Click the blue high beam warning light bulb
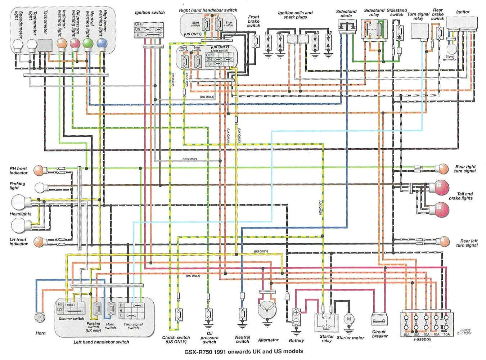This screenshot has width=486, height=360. pyautogui.click(x=102, y=44)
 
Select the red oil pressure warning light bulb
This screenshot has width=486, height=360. pyautogui.click(x=75, y=44)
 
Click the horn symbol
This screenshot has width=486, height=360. pyautogui.click(x=40, y=317)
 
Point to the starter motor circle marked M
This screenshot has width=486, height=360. pyautogui.click(x=348, y=319)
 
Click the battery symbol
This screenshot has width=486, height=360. pyautogui.click(x=296, y=317)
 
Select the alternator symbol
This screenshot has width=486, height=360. pyautogui.click(x=266, y=310)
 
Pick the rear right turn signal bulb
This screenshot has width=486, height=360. pyautogui.click(x=442, y=168)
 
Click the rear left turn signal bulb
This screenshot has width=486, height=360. pyautogui.click(x=444, y=242)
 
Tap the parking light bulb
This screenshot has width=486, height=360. pyautogui.click(x=41, y=187)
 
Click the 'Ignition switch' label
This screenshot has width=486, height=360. pyautogui.click(x=150, y=12)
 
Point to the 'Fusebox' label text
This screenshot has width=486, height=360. pyautogui.click(x=422, y=339)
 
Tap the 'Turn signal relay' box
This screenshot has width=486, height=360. pyautogui.click(x=419, y=31)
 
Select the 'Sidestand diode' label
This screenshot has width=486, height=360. pyautogui.click(x=346, y=14)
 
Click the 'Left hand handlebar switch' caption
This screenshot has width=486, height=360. pyautogui.click(x=101, y=342)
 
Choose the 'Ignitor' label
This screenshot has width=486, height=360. pyautogui.click(x=463, y=12)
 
